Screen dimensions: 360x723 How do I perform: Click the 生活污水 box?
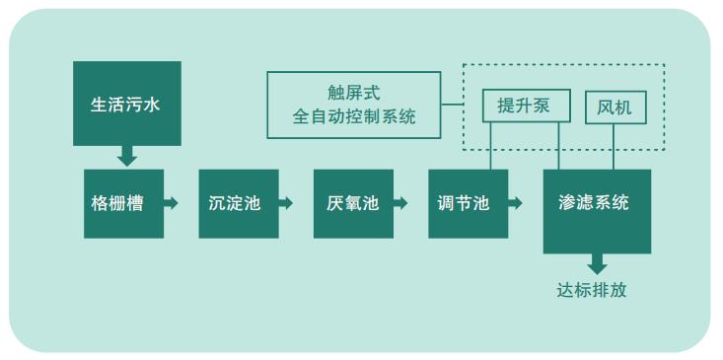click(x=127, y=104)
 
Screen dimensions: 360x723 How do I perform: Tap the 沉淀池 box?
click(x=238, y=204)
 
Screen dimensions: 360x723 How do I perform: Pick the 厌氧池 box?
click(x=353, y=204)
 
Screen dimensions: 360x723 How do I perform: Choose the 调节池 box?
click(x=468, y=204)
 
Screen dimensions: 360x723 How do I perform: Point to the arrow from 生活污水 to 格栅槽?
click(x=126, y=156)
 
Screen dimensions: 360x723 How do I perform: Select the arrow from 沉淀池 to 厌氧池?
click(x=286, y=203)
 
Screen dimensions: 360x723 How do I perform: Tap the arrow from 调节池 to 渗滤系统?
click(x=516, y=203)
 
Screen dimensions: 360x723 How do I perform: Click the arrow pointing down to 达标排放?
click(x=597, y=264)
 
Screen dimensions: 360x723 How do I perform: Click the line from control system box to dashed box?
click(x=452, y=104)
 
